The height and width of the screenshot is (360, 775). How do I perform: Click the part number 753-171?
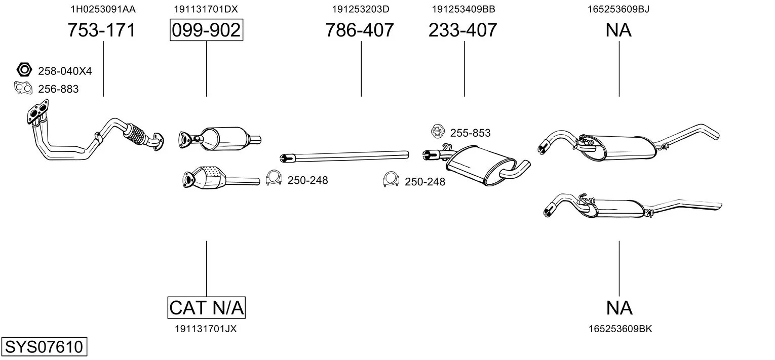[101, 30]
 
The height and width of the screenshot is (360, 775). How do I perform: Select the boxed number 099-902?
[206, 30]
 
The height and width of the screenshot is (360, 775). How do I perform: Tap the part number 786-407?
[360, 30]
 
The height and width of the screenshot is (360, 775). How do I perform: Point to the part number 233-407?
[462, 30]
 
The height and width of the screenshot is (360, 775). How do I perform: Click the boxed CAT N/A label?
[207, 307]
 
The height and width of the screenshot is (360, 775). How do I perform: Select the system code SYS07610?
[44, 346]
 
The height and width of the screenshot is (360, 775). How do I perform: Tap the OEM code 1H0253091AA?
[103, 9]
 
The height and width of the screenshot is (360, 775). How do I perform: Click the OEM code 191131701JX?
[206, 329]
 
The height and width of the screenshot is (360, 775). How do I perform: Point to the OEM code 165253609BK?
[621, 329]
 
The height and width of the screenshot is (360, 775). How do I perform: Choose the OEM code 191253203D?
[361, 9]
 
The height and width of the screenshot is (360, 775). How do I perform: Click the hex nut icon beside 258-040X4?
[24, 70]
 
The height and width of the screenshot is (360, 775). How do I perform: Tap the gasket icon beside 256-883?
[23, 88]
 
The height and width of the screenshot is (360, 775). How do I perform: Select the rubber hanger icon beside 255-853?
[438, 132]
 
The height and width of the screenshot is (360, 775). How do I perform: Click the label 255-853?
[470, 133]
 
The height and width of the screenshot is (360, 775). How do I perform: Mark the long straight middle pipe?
[344, 156]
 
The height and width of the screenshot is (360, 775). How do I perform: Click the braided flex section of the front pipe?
[135, 134]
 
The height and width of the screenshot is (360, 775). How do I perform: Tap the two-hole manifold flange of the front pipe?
[37, 112]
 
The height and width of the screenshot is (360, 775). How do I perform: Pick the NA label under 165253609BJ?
[618, 30]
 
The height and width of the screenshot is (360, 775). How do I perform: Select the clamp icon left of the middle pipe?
[274, 178]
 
